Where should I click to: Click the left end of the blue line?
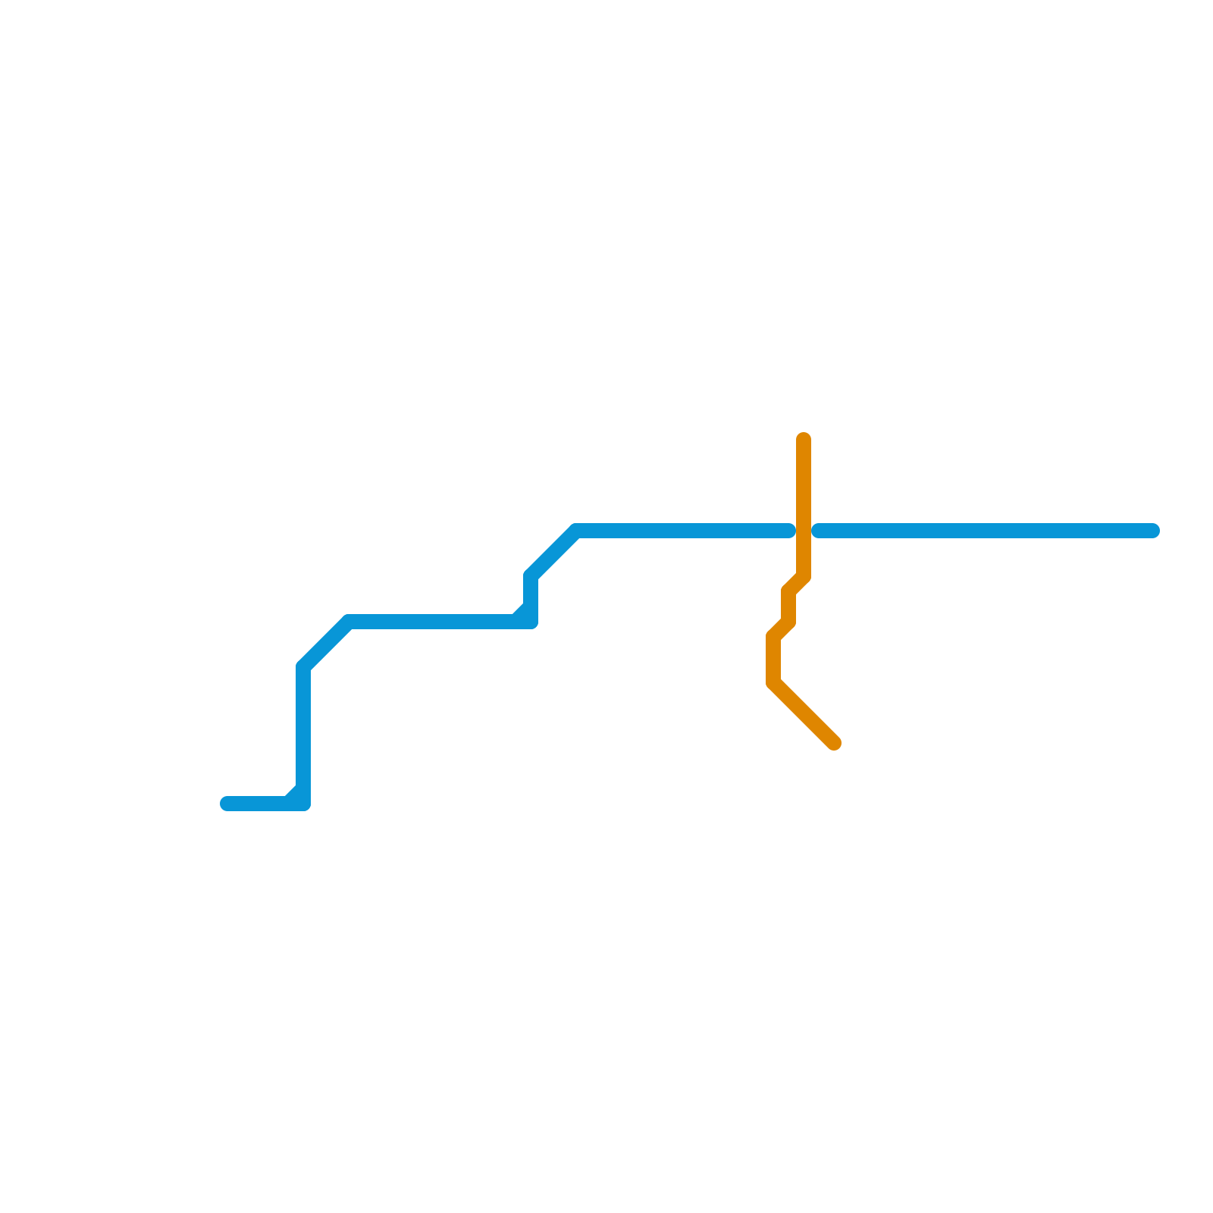point(227,804)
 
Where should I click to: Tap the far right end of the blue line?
point(1153,531)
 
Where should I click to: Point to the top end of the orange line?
point(804,439)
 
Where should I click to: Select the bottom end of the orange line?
point(835,744)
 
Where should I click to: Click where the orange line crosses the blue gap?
point(804,531)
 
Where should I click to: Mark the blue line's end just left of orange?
point(789,531)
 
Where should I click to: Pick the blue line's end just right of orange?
point(818,531)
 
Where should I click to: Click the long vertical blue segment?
point(303,735)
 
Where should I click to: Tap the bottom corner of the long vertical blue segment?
point(303,804)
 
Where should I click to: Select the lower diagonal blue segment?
point(326,644)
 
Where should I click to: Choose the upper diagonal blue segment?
point(553,553)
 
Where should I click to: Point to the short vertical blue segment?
point(531,599)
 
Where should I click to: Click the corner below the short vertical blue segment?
point(531,622)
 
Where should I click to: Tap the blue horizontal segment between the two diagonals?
point(432,622)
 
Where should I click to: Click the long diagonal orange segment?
point(804,713)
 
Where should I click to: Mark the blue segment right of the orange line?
point(986,531)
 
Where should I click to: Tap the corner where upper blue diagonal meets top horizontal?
point(576,531)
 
